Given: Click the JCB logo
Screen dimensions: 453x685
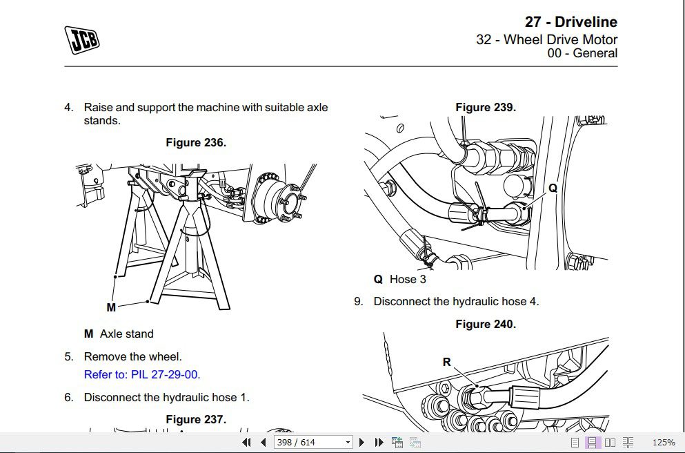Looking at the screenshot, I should (82, 39).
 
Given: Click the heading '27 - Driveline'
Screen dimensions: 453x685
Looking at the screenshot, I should (570, 22).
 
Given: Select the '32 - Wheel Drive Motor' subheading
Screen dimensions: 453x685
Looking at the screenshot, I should (546, 39).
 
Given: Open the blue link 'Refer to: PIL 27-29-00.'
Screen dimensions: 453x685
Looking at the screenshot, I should (142, 375).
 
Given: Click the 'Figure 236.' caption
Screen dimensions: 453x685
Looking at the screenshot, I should (196, 142).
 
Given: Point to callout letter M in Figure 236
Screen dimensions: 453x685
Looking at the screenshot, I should (111, 307).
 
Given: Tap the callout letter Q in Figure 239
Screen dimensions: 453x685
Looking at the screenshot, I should (553, 188).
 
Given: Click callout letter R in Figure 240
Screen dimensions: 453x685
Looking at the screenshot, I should (446, 362).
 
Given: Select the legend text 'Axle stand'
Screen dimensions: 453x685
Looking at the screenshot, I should (126, 334).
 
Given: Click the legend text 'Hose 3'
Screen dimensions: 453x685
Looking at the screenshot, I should (408, 280).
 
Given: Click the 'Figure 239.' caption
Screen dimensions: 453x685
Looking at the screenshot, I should (486, 107).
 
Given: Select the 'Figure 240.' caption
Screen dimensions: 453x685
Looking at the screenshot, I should (486, 324).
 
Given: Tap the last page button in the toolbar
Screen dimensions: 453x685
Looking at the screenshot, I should (379, 443).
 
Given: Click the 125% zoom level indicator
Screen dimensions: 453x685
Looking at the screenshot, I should (663, 443).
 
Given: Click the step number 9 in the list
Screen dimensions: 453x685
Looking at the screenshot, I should (358, 301).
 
